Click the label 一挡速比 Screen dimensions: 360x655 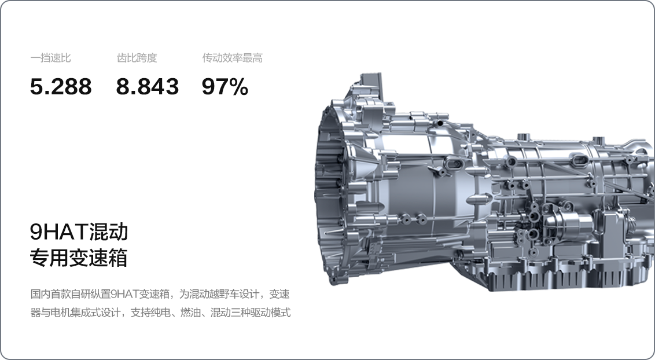point(50,58)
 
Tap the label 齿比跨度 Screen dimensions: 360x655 point(137,58)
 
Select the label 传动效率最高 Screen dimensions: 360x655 point(232,58)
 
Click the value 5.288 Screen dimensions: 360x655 point(61,87)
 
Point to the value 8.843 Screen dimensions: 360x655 point(147,87)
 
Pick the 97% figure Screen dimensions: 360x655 point(225,87)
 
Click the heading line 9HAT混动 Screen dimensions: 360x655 point(79,232)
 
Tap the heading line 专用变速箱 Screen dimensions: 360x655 point(79,258)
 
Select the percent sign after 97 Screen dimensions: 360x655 point(238,87)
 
